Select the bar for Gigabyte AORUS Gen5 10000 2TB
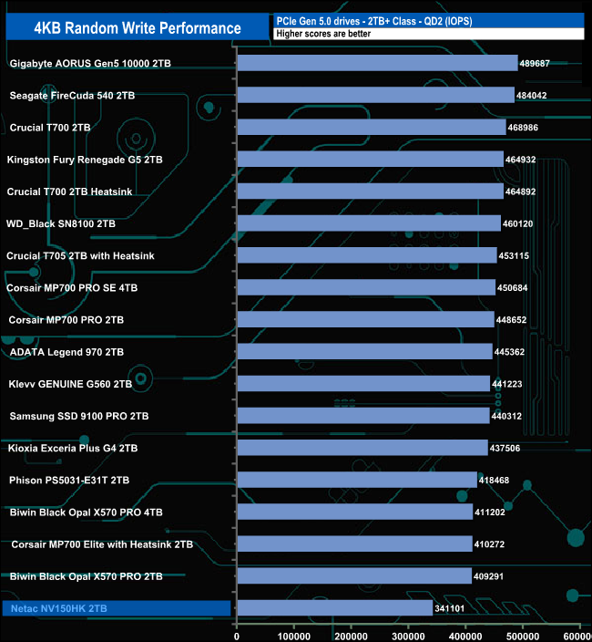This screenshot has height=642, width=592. (x=377, y=63)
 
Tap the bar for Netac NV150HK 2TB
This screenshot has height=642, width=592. (x=334, y=607)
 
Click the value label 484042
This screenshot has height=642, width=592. (x=535, y=95)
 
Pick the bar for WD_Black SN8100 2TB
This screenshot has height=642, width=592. (x=369, y=223)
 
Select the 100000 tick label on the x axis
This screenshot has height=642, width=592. (x=294, y=635)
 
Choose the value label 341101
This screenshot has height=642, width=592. (x=453, y=608)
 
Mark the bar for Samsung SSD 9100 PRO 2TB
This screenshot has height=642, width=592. (x=363, y=416)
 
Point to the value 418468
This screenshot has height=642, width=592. (x=497, y=480)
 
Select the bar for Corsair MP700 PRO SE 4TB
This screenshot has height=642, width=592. (x=366, y=287)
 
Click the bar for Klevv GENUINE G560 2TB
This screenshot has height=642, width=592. (x=363, y=384)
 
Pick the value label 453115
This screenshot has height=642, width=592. (x=517, y=255)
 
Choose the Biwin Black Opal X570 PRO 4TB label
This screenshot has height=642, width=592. (x=86, y=513)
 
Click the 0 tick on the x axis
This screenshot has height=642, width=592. (x=237, y=635)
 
